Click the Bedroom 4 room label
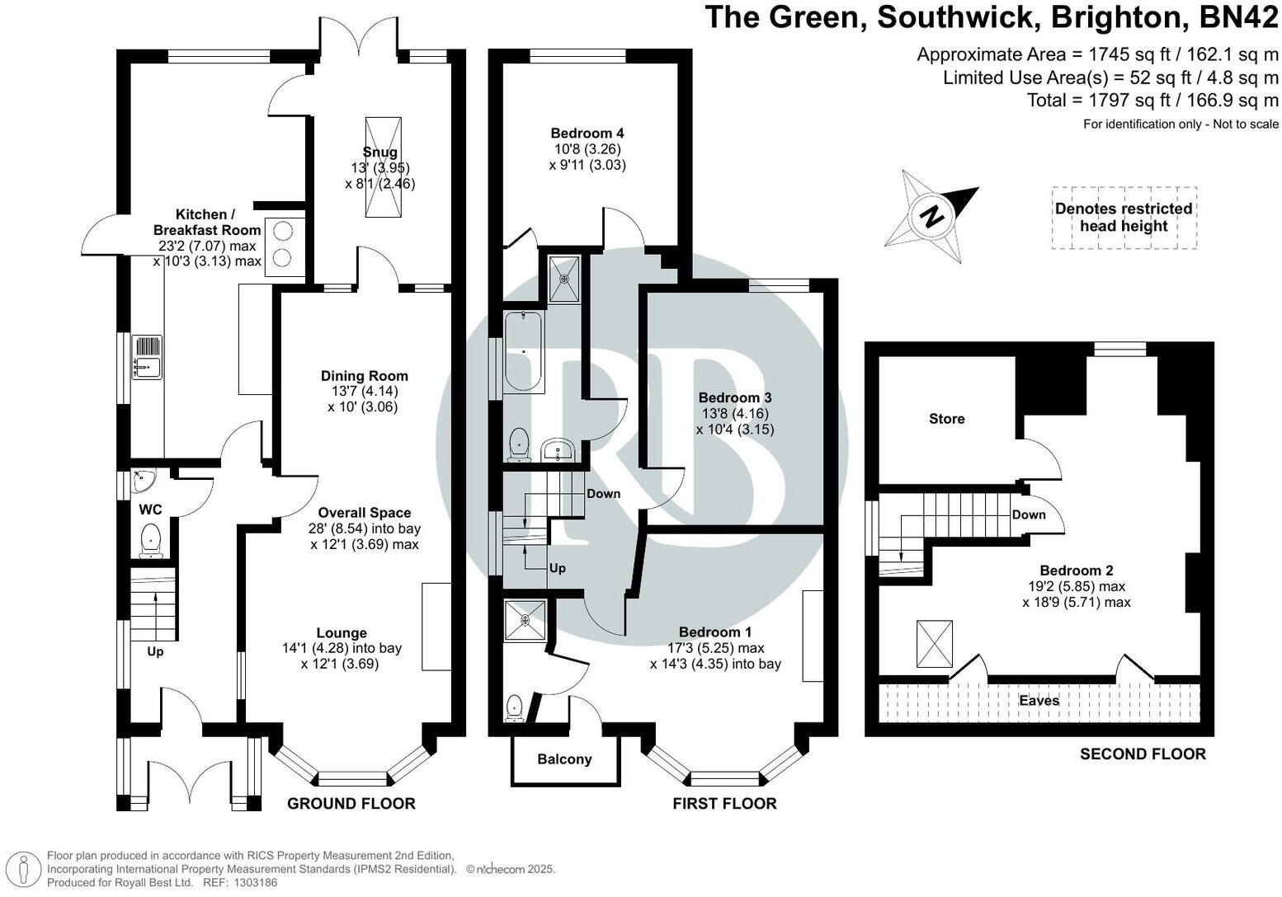(587, 133)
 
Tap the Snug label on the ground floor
(379, 152)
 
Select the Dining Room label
(364, 376)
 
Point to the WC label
(151, 510)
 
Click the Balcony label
(564, 759)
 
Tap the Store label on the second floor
(946, 419)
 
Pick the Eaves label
(1039, 701)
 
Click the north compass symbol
(932, 216)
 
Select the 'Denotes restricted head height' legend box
(1124, 218)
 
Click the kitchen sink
(148, 358)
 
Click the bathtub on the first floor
(523, 352)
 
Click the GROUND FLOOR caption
(351, 803)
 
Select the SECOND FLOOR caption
(1143, 754)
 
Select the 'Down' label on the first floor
(603, 494)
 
